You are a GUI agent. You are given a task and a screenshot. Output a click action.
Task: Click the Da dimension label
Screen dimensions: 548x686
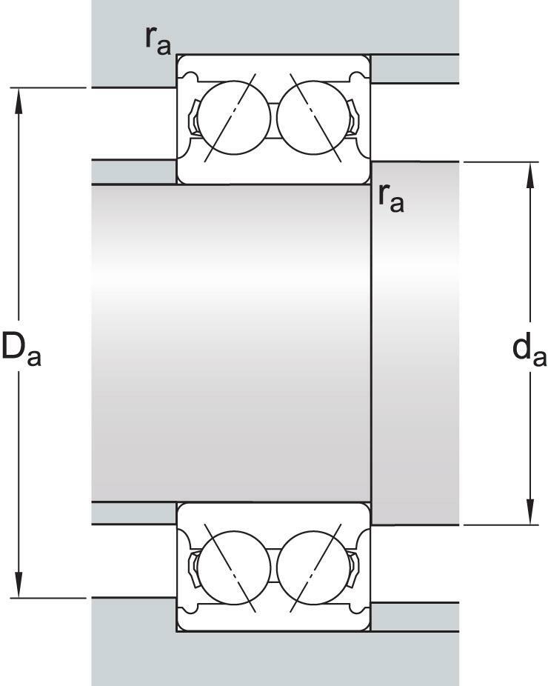[x=21, y=349]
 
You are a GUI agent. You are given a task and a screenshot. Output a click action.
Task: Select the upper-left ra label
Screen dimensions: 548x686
[x=158, y=39]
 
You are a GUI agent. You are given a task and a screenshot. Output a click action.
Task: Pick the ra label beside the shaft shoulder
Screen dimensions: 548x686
[x=391, y=198]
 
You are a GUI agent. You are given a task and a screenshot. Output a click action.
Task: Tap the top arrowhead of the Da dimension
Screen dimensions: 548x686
[x=19, y=100]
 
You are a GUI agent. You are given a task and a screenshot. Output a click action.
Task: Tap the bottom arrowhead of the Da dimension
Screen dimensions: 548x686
[x=19, y=585]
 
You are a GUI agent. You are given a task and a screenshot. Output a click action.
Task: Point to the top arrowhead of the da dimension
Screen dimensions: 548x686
[x=530, y=175]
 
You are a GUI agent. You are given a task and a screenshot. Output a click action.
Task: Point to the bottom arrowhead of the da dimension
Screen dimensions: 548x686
[x=530, y=512]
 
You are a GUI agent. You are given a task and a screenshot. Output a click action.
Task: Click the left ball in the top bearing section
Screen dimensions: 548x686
[x=234, y=118]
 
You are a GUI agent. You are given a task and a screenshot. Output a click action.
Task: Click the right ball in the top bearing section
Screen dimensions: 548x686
[x=313, y=118]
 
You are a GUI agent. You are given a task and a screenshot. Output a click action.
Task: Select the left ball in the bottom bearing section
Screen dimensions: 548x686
[x=234, y=567]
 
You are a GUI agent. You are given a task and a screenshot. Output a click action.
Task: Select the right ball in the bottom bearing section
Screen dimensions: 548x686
[x=313, y=567]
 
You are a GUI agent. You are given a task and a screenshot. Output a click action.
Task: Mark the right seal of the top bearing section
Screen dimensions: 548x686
[x=353, y=118]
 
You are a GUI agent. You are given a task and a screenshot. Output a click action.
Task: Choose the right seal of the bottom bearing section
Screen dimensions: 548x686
[x=353, y=567]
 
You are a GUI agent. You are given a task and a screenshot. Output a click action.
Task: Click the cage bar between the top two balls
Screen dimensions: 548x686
[x=274, y=118]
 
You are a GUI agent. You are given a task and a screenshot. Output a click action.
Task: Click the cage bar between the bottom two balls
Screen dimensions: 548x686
[x=274, y=567]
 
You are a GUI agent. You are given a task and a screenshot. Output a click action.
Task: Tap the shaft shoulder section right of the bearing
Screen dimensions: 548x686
[x=415, y=344]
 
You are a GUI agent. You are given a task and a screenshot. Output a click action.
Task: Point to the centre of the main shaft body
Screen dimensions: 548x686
[x=231, y=344]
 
